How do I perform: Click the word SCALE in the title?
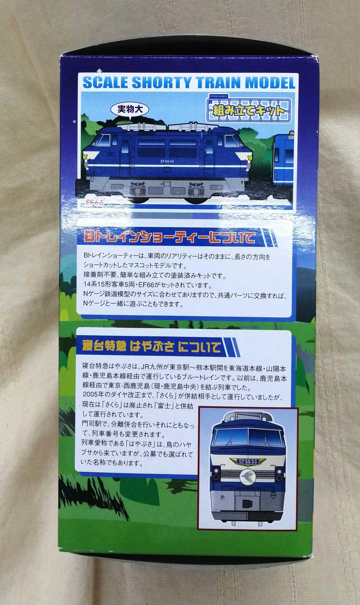click(x=102, y=82)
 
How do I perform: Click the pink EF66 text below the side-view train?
click(x=94, y=203)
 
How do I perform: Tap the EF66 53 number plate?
click(x=248, y=461)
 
